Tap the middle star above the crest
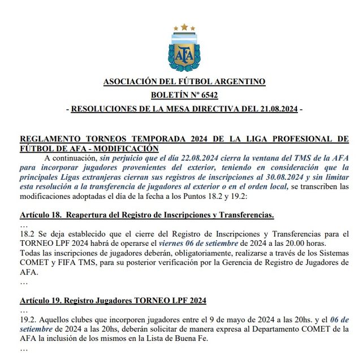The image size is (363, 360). click(x=184, y=27)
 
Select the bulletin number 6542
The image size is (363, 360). click(x=208, y=95)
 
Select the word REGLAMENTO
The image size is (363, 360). click(x=50, y=138)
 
